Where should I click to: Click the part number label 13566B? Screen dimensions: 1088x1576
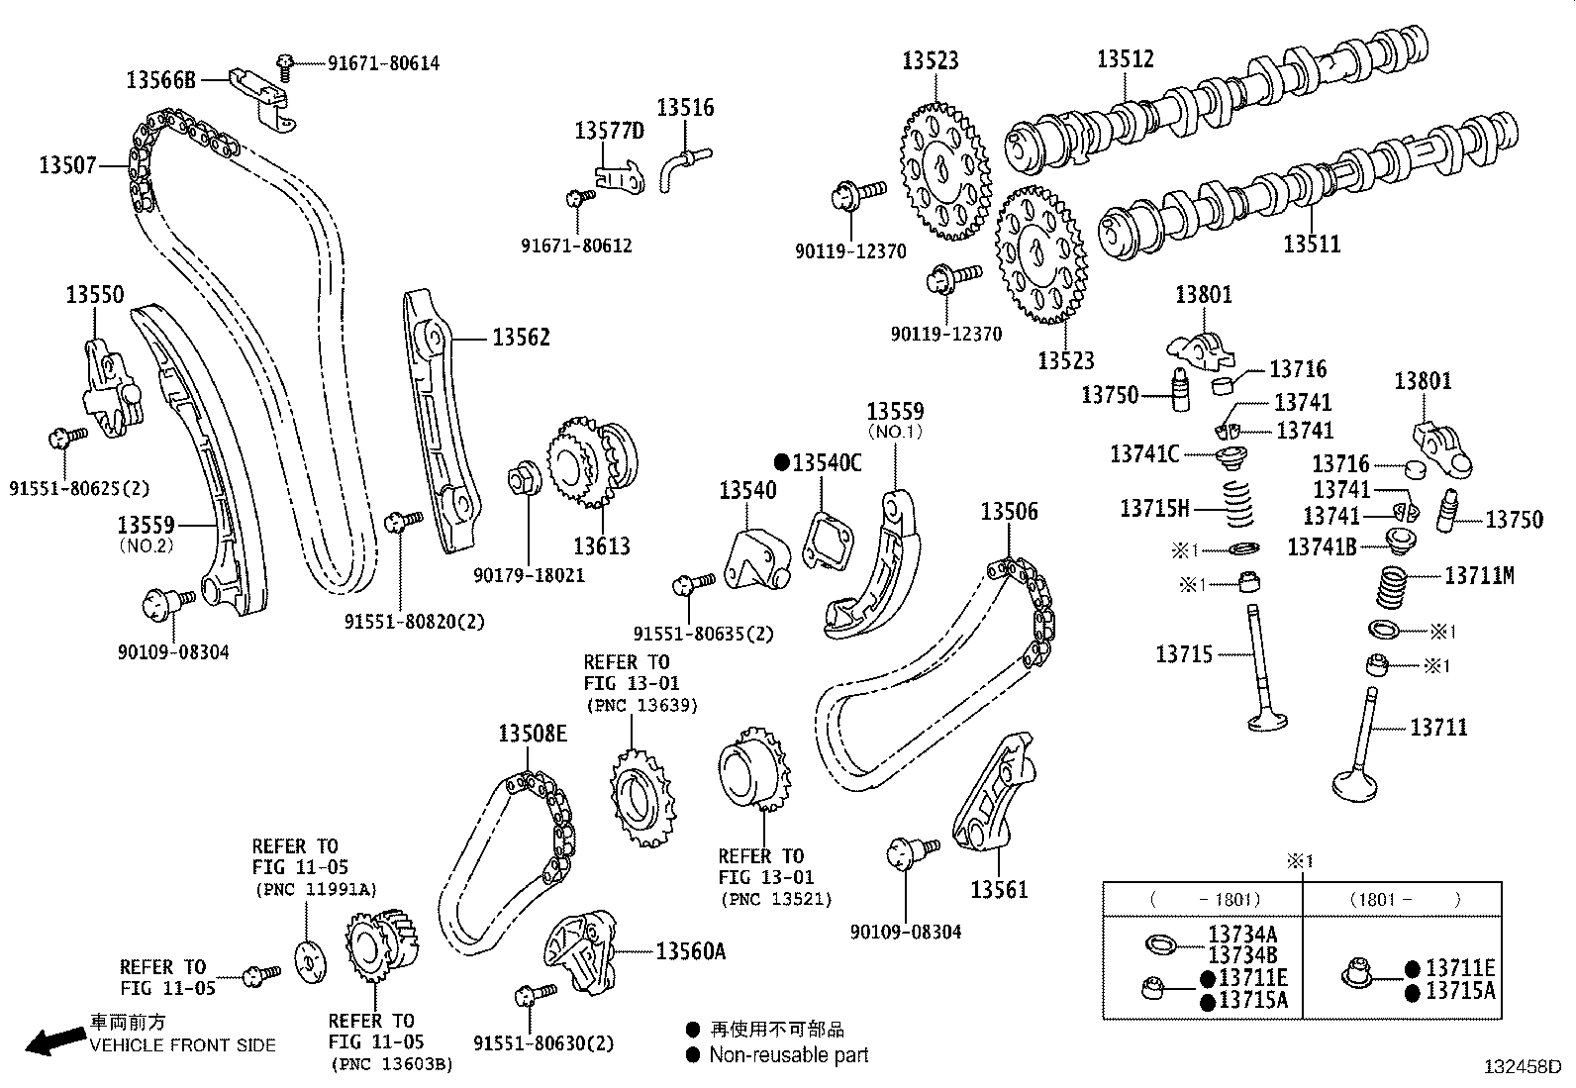[161, 79]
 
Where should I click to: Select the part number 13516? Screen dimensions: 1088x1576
[685, 107]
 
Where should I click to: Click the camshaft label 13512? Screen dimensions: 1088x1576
[1125, 58]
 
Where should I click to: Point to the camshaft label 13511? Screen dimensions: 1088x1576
[1312, 243]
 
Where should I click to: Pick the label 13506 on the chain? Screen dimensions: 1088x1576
[1010, 511]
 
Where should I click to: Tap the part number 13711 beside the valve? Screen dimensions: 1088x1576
[1438, 728]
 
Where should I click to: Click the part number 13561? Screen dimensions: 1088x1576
[999, 889]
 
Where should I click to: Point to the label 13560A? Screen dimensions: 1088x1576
[690, 951]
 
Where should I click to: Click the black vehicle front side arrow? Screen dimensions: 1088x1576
[53, 1040]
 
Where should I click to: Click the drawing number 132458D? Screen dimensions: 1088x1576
[1521, 1067]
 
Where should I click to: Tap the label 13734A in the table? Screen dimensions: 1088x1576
[1241, 934]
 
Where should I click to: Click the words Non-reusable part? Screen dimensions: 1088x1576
[788, 1055]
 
